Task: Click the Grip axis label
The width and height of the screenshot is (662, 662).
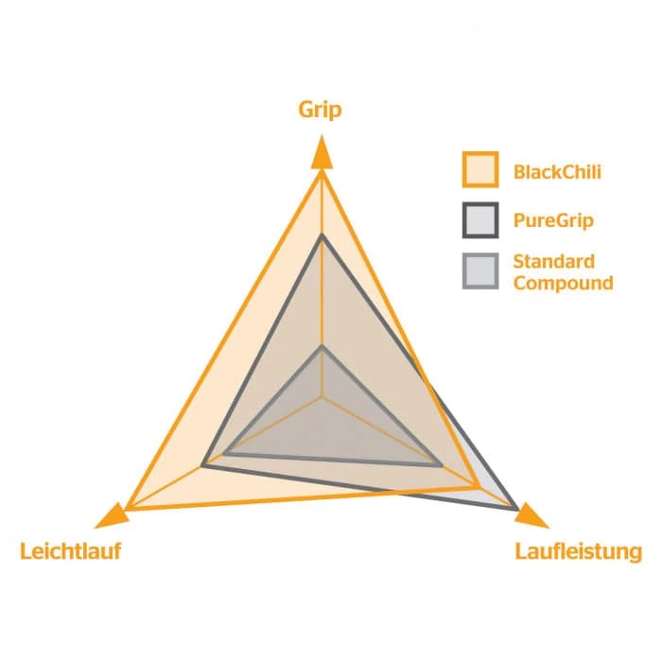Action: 321,110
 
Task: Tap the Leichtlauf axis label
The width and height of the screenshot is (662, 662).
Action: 70,550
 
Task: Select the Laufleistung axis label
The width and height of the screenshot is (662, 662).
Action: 578,550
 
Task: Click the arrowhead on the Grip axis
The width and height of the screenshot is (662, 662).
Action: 322,151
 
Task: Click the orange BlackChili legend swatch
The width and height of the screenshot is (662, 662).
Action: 480,170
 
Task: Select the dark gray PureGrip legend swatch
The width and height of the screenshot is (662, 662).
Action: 480,220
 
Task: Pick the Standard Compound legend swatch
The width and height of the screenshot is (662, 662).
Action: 480,271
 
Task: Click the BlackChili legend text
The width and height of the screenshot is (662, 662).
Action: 558,172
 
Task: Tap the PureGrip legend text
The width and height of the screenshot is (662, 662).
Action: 553,221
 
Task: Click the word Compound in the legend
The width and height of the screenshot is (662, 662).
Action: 563,282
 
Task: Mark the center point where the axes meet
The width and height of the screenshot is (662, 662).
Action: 322,397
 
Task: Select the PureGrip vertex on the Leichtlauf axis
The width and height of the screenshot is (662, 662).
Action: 202,464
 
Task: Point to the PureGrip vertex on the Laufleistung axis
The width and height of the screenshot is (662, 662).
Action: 516,508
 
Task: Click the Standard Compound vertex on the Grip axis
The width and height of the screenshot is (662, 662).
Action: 322,347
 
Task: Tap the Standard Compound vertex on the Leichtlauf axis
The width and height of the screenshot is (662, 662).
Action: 225,454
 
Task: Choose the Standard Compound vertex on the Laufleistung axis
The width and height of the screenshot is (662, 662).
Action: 442,464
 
